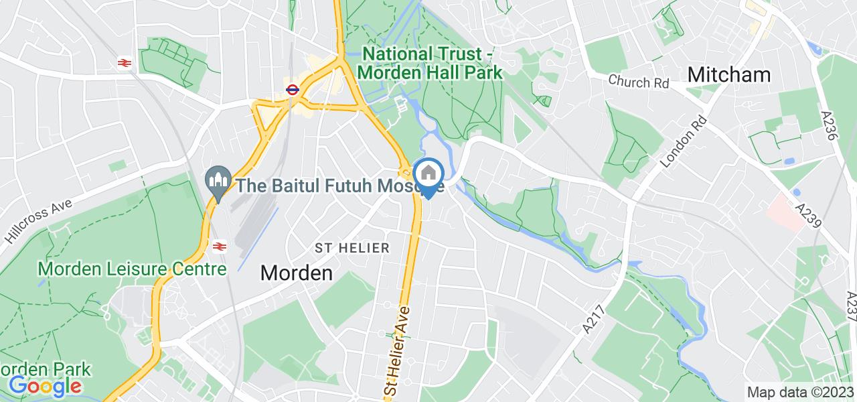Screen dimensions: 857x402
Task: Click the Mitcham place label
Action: (729, 74)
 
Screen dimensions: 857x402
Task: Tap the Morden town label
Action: (296, 273)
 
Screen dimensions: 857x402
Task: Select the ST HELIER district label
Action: (352, 248)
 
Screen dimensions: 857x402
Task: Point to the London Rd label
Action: (684, 142)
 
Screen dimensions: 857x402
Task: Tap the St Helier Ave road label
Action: (397, 349)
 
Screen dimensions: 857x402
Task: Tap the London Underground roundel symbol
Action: (291, 89)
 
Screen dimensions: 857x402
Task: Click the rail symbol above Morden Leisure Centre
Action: (218, 246)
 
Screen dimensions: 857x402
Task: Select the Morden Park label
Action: (45, 369)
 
